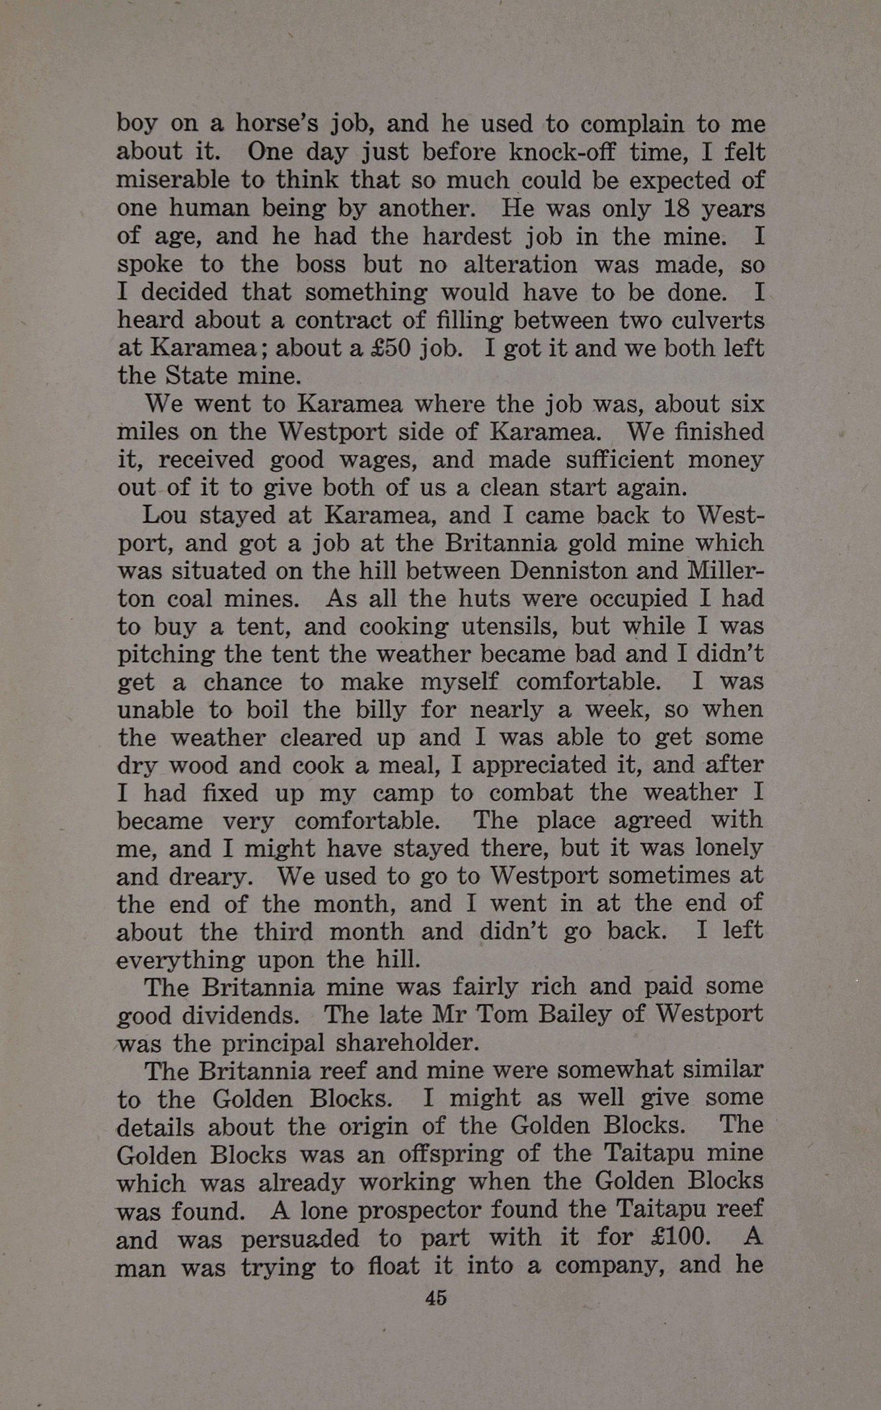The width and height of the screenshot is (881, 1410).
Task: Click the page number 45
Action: (436, 1298)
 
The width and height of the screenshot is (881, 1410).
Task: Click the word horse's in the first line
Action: (278, 124)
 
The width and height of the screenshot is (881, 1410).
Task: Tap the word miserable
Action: (173, 180)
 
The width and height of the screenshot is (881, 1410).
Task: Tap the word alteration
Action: (519, 264)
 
